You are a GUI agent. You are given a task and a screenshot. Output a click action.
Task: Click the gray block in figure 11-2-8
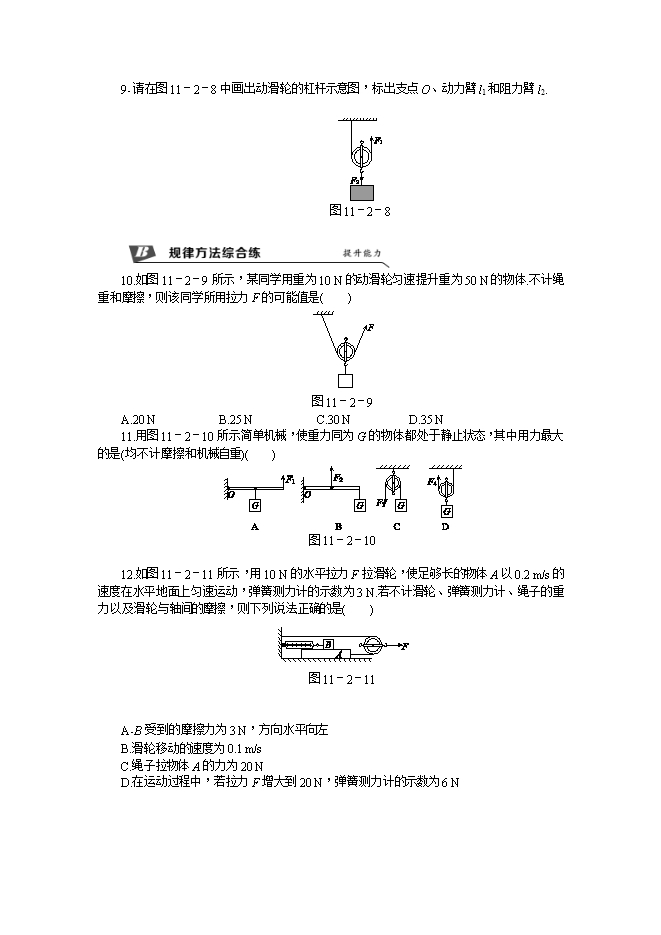tap(361, 191)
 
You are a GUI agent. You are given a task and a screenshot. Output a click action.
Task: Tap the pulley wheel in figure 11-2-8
tap(362, 156)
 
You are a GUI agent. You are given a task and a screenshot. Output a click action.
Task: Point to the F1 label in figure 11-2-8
tap(379, 141)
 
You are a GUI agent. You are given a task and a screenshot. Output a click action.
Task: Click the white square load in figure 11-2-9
tap(345, 380)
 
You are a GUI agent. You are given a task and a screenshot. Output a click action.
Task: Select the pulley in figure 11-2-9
tap(345, 351)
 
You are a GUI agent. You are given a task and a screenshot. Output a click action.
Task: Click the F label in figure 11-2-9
tap(370, 327)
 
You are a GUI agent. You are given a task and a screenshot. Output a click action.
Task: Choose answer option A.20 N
tap(137, 419)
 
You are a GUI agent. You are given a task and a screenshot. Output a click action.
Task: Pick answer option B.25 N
tap(234, 419)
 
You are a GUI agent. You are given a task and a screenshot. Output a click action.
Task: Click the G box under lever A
tap(255, 507)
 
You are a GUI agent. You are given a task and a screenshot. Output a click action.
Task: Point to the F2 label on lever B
tap(338, 477)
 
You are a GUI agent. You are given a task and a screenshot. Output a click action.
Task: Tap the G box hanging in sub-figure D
tap(447, 511)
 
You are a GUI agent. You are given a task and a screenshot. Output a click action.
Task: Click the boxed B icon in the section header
tap(141, 252)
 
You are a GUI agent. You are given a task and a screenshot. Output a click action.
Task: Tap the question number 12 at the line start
tap(126, 574)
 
